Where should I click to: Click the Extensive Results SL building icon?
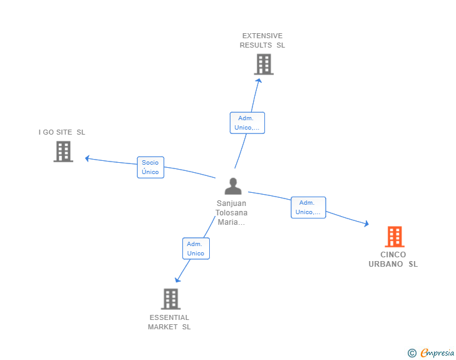(264, 64)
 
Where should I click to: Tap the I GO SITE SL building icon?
(63, 152)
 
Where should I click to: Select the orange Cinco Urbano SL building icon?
(394, 237)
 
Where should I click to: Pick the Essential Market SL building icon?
(170, 299)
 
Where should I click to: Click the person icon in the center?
(233, 186)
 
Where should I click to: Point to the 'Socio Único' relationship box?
(150, 167)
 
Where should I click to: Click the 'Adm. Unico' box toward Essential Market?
(196, 249)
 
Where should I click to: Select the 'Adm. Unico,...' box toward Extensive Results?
(247, 123)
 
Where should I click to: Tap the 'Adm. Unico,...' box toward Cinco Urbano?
(308, 207)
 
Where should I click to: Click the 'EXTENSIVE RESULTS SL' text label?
(262, 41)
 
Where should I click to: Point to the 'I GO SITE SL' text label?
(62, 132)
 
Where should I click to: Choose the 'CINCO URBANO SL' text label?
(393, 259)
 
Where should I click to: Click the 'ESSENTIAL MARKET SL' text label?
(169, 322)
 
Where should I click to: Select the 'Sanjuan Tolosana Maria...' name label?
(232, 213)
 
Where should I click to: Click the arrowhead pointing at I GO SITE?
(87, 158)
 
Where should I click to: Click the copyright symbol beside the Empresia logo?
(412, 353)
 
